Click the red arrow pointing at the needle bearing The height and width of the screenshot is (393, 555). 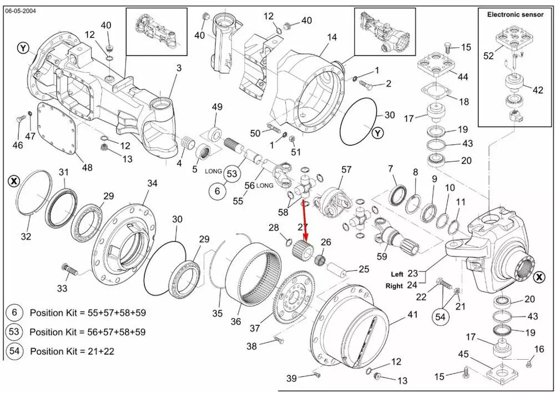304,219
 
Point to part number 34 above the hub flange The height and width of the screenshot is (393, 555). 152,184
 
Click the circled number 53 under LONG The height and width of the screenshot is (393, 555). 232,174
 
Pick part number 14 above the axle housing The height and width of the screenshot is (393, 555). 332,37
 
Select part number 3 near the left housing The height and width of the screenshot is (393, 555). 179,68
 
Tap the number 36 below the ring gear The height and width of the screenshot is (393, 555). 236,322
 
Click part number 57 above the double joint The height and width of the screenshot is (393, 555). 346,169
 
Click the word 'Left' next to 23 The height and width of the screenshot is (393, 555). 397,274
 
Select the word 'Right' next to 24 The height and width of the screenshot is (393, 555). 394,286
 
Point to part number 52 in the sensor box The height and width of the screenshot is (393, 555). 488,56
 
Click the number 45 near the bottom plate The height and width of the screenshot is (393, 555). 463,354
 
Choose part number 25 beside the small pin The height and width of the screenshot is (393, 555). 364,270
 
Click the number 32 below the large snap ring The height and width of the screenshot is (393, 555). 26,236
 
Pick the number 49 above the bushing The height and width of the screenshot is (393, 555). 217,107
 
